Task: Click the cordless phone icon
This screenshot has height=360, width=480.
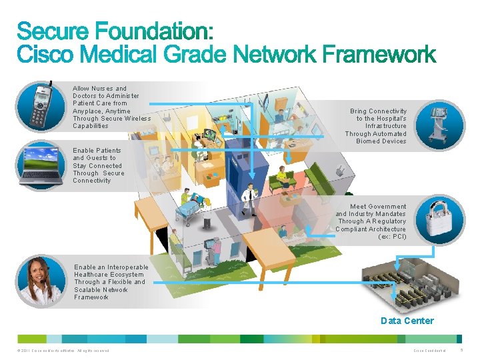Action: [41, 107]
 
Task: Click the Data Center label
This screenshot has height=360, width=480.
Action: [407, 321]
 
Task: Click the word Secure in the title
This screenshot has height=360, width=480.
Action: [54, 31]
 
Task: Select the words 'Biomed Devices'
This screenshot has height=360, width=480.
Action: [381, 141]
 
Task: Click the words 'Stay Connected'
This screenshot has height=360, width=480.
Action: [97, 166]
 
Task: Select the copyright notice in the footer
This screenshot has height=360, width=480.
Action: [60, 351]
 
